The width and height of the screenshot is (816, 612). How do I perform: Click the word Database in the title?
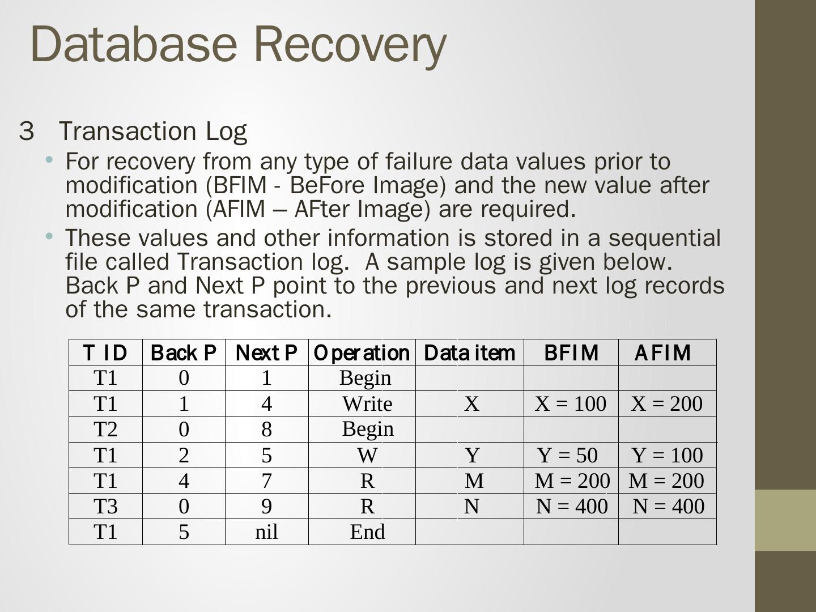(x=133, y=44)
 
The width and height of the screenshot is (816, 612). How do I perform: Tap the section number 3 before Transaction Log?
(x=26, y=131)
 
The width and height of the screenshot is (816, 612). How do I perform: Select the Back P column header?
(x=184, y=352)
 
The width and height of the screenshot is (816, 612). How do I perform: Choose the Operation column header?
(x=362, y=352)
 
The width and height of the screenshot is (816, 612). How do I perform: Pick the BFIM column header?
(x=571, y=352)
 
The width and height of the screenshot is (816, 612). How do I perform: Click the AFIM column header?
(x=662, y=352)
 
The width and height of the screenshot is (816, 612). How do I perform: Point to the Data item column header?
(x=469, y=352)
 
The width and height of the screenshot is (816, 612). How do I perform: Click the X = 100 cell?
(x=571, y=403)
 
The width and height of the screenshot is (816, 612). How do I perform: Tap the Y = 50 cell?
(x=568, y=455)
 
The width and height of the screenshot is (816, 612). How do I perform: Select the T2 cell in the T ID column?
(x=105, y=430)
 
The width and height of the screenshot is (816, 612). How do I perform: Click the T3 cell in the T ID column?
(x=105, y=506)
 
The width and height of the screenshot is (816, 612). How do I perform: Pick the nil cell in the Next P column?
(x=266, y=532)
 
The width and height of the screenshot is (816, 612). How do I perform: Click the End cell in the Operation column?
(x=367, y=532)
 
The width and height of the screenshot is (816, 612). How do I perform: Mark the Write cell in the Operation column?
(x=367, y=403)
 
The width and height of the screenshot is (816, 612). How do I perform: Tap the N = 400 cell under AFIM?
(x=668, y=506)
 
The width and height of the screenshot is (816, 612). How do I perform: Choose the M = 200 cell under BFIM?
(x=572, y=481)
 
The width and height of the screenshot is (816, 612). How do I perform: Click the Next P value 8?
(x=266, y=430)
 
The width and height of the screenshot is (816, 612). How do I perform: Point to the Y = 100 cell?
(x=667, y=455)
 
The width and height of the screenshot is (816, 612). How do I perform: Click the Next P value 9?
(x=266, y=506)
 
